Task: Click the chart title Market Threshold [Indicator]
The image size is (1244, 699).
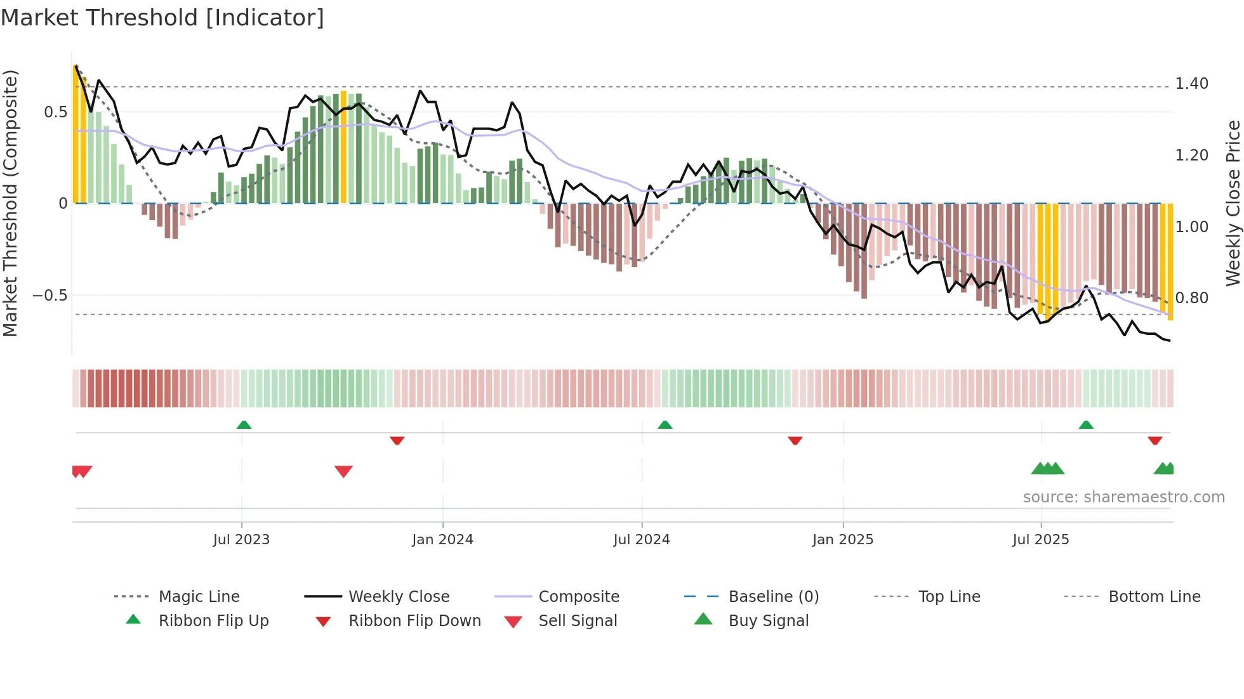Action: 162,18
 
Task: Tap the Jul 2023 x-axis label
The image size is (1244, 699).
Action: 241,540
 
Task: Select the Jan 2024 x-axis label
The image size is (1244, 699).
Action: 442,540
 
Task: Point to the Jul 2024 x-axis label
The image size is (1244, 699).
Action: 641,540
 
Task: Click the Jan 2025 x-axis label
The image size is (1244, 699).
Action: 842,540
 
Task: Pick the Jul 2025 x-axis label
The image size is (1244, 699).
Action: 1040,540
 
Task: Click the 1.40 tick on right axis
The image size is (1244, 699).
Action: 1191,84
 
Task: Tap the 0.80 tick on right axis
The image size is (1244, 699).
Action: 1191,297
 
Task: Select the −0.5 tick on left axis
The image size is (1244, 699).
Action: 50,296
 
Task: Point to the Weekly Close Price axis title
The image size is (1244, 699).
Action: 1233,203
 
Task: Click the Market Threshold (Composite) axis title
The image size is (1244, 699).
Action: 10,203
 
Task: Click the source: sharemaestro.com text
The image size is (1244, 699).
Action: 1123,497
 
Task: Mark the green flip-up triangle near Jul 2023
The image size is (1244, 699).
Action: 244,425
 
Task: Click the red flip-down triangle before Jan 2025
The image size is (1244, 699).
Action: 795,440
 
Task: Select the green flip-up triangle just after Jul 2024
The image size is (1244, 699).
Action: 665,425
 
